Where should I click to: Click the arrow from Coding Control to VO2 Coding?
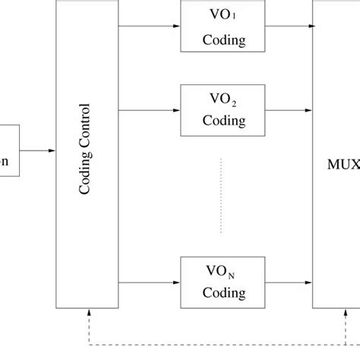(x=148, y=111)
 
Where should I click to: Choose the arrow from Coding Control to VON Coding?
(x=148, y=282)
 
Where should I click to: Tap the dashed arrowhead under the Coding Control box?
(x=90, y=314)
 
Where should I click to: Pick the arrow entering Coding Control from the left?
(x=38, y=151)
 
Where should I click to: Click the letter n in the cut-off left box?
(x=5, y=161)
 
